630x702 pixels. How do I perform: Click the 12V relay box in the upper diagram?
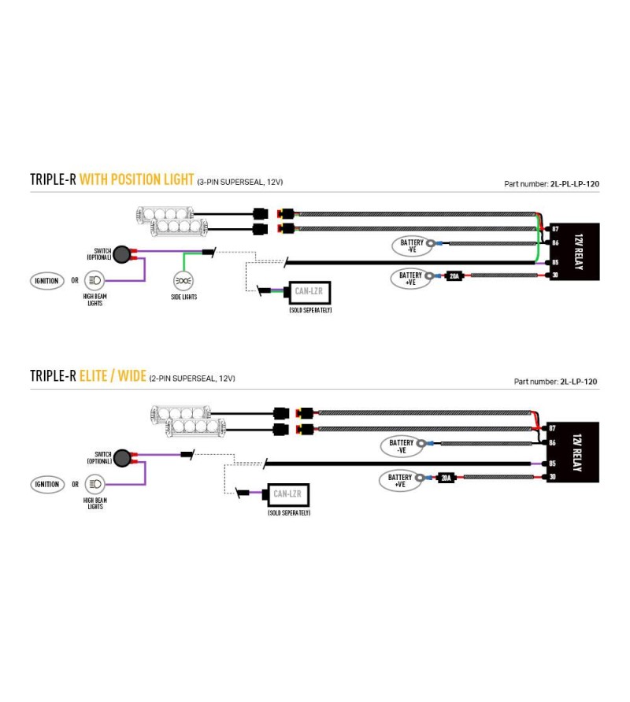click(574, 252)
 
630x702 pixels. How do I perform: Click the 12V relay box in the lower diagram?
click(573, 453)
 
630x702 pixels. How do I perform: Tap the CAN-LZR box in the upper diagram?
click(309, 292)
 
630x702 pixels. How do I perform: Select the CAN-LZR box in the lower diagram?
click(288, 495)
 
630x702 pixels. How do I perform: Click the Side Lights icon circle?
click(183, 281)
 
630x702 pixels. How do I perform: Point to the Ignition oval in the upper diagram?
click(47, 281)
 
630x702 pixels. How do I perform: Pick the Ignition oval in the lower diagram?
click(47, 484)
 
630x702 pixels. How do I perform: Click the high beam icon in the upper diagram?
click(94, 280)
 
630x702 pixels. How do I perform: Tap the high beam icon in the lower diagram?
click(94, 484)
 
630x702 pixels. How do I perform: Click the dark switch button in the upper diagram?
click(121, 254)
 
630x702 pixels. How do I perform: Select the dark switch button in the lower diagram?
click(122, 458)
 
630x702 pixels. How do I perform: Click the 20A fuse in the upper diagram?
click(454, 275)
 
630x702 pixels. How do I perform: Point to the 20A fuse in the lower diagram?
click(446, 478)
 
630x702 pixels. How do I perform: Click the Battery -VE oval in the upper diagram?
click(412, 246)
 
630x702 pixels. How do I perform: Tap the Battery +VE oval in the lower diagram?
click(400, 481)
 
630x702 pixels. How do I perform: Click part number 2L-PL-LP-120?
click(574, 183)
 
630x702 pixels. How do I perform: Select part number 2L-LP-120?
click(579, 382)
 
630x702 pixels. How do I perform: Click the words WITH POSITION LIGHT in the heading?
click(137, 179)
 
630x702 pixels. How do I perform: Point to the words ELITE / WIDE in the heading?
click(113, 375)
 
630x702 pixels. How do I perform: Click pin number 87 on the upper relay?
click(555, 229)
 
